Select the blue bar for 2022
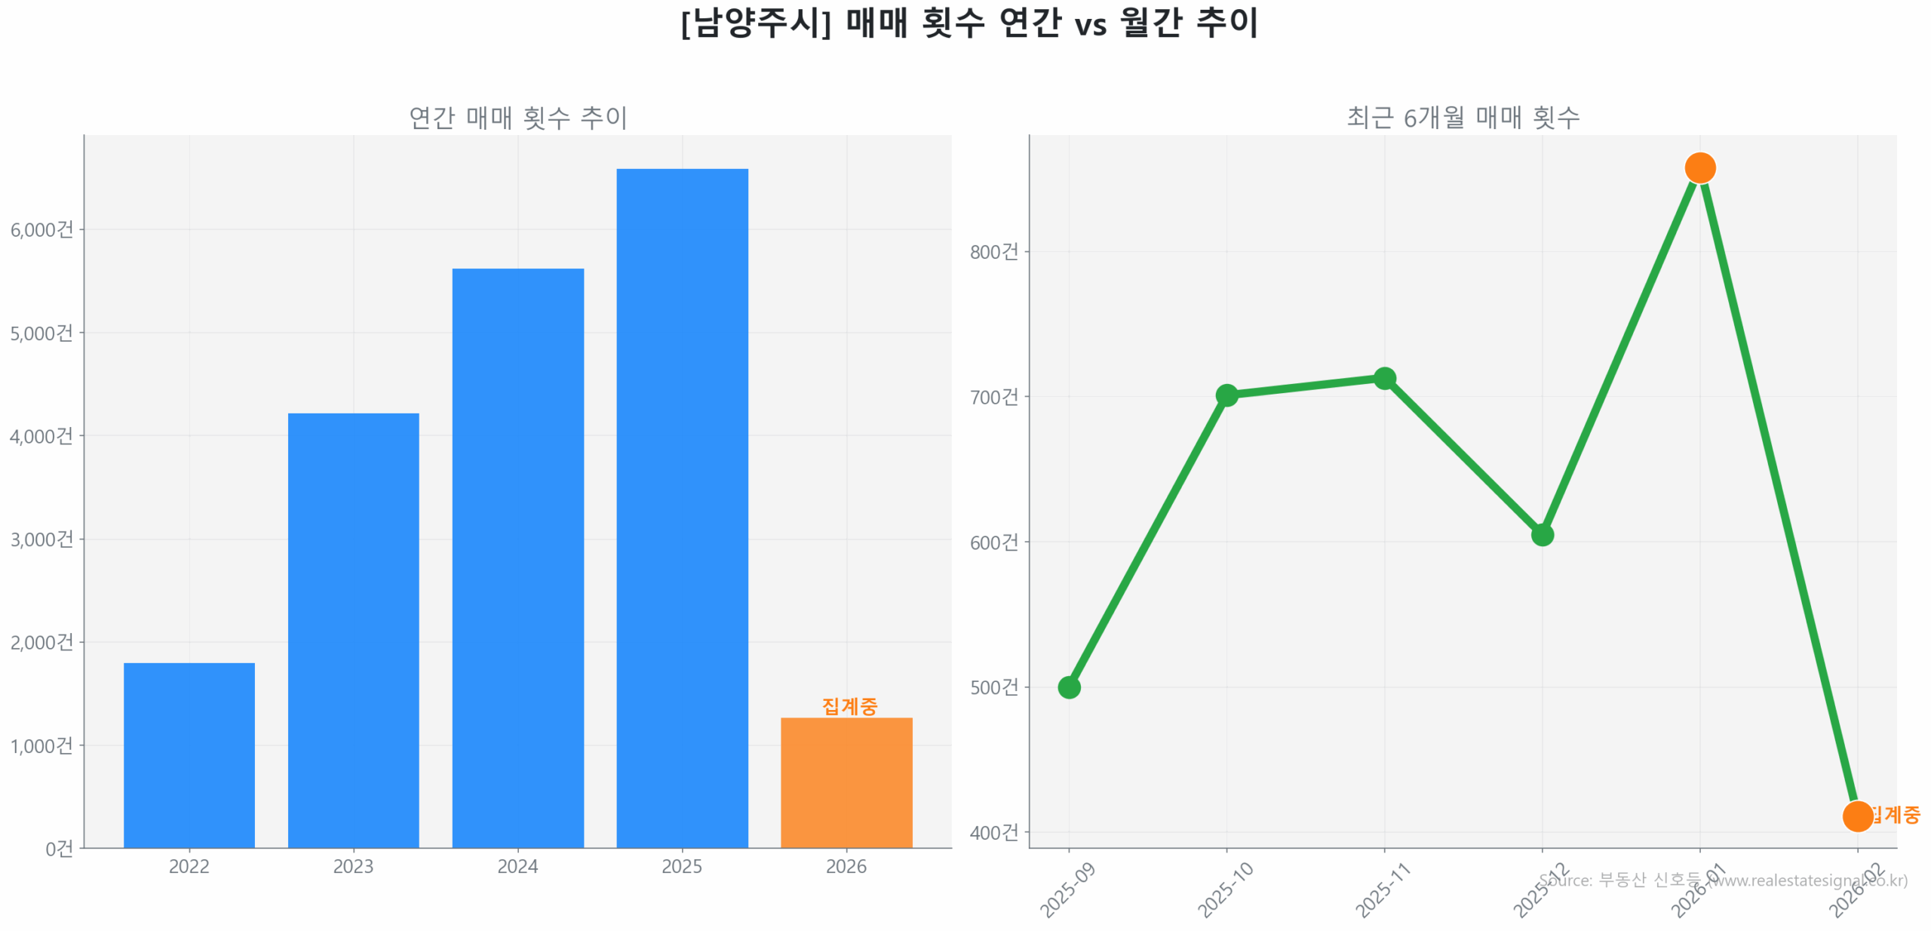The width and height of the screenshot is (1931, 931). tap(189, 754)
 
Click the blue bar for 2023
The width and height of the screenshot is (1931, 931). tap(353, 630)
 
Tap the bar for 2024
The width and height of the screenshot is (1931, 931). tap(517, 558)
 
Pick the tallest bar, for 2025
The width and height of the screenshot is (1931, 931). tap(682, 508)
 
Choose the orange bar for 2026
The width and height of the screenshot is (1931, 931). tap(846, 782)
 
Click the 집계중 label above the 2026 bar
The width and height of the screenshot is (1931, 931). tap(849, 706)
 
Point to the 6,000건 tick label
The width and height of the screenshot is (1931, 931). tap(42, 229)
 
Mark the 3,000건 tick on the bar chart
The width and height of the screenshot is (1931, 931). tap(42, 539)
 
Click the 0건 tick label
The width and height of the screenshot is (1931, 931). tap(59, 849)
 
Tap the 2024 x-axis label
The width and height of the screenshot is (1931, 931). tap(517, 866)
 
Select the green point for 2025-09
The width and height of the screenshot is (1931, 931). tap(1069, 687)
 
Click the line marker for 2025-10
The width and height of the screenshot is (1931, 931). tap(1226, 395)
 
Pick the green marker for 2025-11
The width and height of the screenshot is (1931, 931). tap(1384, 378)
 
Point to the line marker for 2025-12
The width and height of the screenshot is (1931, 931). tap(1542, 535)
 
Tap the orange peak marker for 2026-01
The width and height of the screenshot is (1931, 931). tap(1699, 167)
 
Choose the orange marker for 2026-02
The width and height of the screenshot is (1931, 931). tap(1857, 816)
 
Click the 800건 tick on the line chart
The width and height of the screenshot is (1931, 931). tap(994, 251)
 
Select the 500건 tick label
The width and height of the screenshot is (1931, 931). tap(994, 687)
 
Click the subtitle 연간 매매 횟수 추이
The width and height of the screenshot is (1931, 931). tap(517, 118)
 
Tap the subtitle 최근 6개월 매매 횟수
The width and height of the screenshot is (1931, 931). tap(1463, 118)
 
